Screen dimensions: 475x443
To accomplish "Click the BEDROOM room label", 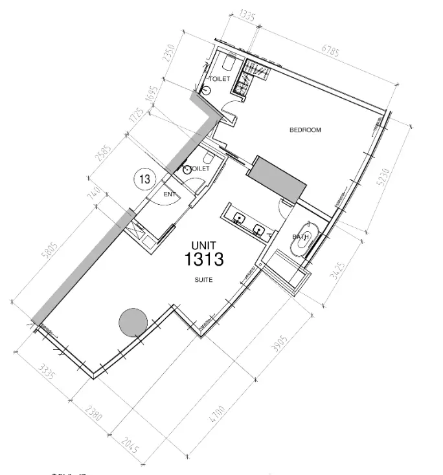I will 305,130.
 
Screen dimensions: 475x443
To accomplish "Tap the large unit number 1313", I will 204,260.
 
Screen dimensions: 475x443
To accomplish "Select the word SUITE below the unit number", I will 204,280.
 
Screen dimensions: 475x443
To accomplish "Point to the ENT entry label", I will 170,194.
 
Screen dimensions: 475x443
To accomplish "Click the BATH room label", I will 300,237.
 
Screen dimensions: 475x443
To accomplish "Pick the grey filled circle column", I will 133,321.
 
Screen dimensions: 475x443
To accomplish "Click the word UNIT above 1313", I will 202,245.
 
